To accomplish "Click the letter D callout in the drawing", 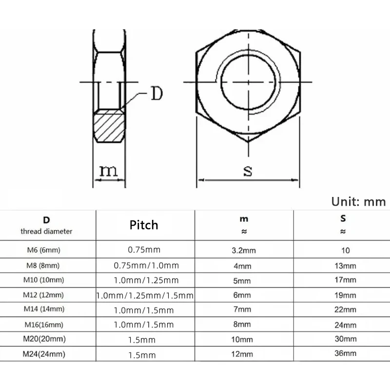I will click(x=156, y=93).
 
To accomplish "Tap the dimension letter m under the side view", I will click(x=109, y=171).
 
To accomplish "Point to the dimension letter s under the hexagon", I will click(x=248, y=171).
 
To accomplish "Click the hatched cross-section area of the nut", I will click(x=109, y=126).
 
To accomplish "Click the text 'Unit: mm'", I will click(x=358, y=202).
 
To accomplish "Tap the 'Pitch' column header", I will click(x=144, y=225).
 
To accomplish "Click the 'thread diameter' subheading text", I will click(x=46, y=232).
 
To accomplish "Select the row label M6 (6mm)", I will click(x=43, y=251).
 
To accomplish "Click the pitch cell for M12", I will click(x=145, y=295).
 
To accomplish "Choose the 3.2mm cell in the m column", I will click(x=242, y=251).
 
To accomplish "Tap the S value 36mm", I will click(x=346, y=353).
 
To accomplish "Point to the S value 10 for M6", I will click(x=346, y=251).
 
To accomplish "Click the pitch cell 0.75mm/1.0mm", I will click(x=146, y=266).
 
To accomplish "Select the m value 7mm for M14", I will click(x=242, y=310).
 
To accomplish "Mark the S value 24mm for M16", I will click(x=346, y=325).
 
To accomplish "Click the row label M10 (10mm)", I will click(x=44, y=280).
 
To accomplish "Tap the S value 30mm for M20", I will click(x=346, y=339).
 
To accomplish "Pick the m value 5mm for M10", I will click(x=242, y=281).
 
